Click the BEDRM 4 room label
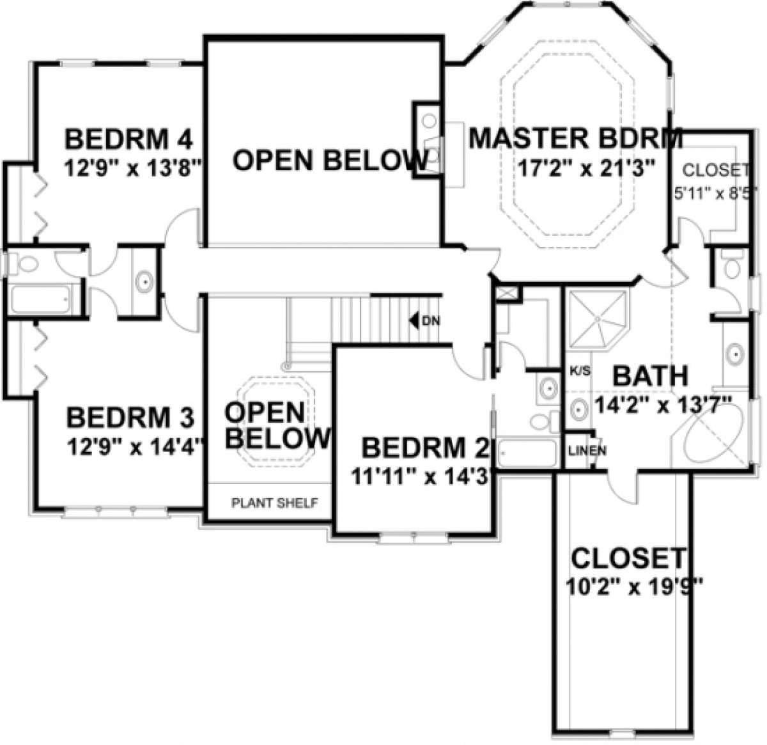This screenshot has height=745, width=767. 130,138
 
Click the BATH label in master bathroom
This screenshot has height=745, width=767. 650,377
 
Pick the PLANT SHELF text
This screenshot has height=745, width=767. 274,503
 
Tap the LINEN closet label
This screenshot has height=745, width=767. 587,450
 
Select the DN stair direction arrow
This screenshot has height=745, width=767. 416,320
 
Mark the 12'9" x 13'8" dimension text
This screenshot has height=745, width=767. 133,169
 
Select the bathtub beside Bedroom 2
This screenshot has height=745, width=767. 527,454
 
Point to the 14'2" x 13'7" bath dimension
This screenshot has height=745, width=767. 662,405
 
